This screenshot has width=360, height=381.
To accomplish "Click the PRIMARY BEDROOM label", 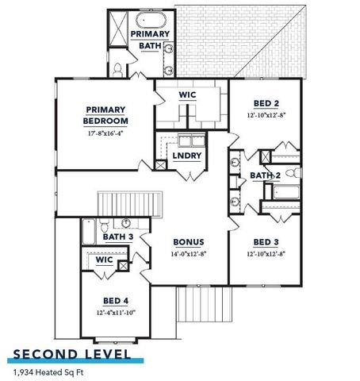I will (x=105, y=116).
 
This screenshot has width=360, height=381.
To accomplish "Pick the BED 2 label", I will (x=266, y=104).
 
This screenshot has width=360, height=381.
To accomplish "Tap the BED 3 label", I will (x=266, y=241).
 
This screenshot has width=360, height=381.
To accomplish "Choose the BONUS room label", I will (x=190, y=242).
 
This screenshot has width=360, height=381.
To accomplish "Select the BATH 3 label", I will (x=117, y=237).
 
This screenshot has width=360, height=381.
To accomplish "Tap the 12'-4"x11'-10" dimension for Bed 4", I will (x=116, y=313).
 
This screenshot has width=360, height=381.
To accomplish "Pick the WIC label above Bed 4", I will (x=104, y=260).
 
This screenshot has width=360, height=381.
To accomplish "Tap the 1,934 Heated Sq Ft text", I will (x=48, y=371).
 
